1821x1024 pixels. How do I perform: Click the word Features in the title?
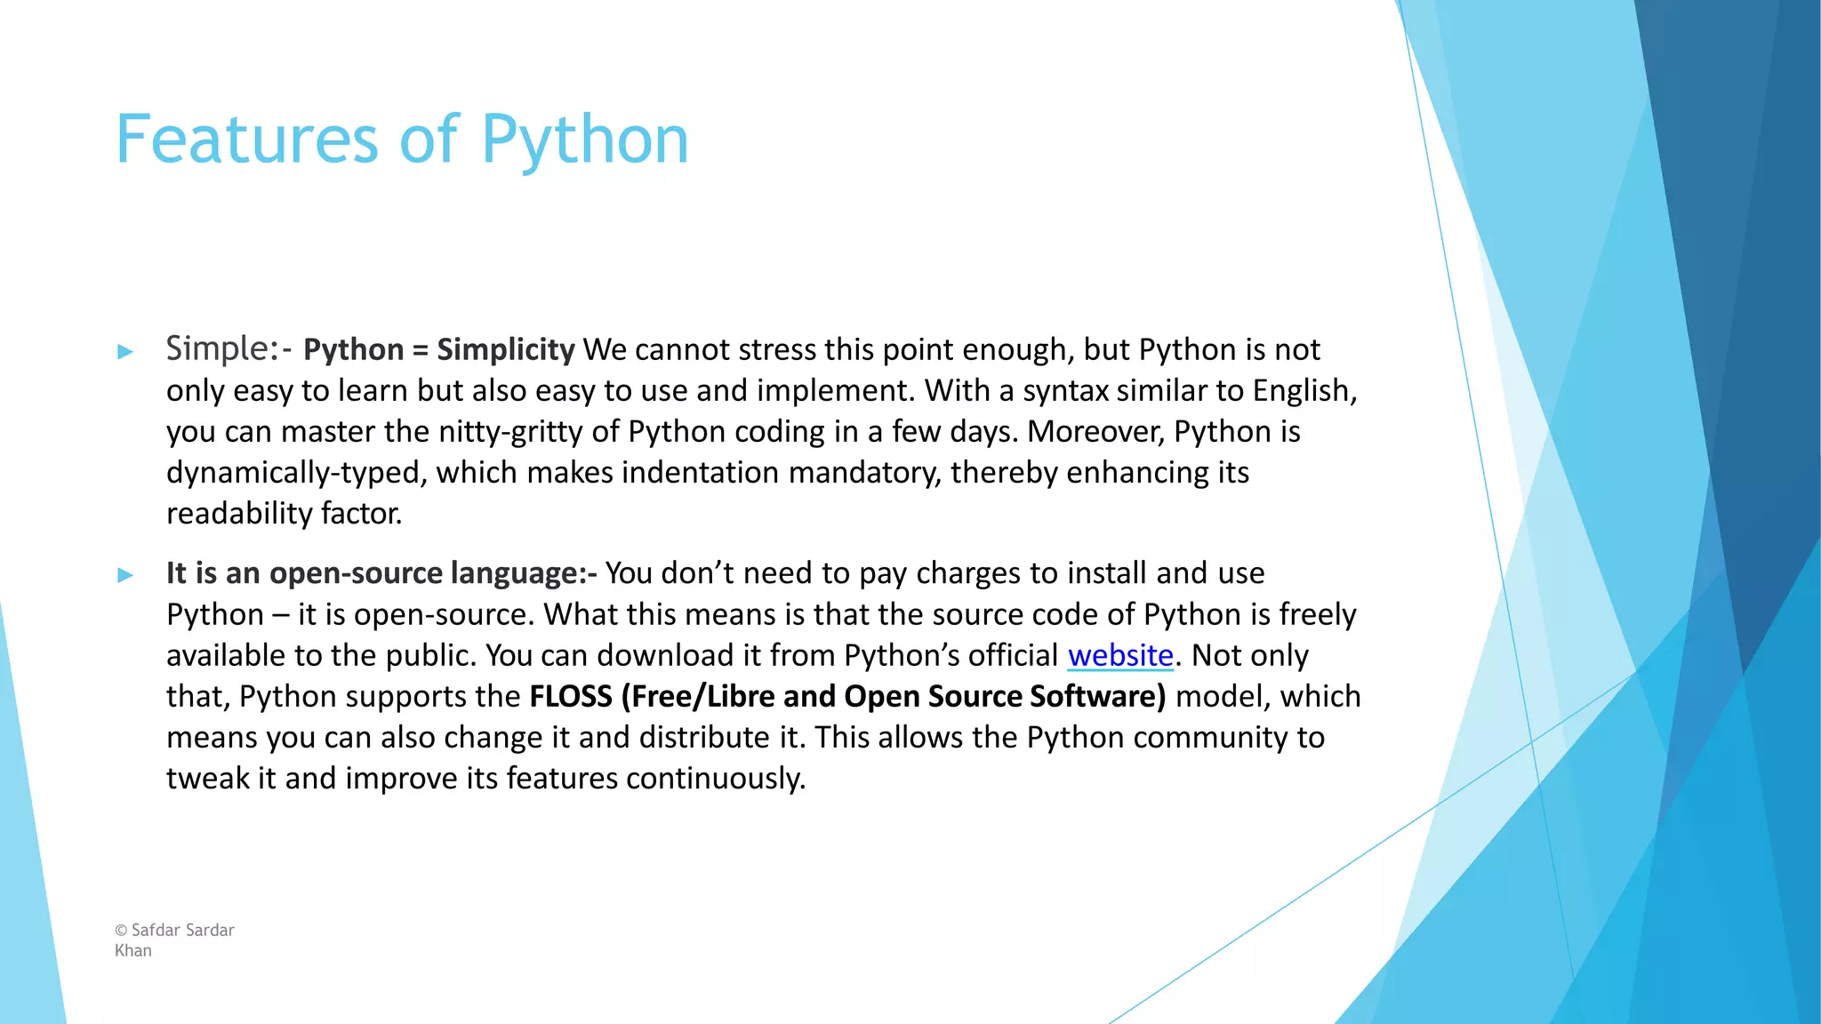click(247, 140)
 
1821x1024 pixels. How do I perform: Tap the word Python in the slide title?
click(584, 141)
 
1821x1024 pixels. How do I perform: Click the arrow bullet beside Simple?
click(125, 351)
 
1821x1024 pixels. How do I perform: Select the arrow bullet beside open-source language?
click(125, 575)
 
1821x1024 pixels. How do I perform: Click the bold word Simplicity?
click(505, 350)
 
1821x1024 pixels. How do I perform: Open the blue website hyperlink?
click(1120, 656)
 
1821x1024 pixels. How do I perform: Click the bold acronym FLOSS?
click(571, 697)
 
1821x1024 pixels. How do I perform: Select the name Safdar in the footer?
click(156, 931)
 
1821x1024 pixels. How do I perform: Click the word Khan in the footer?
click(133, 951)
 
